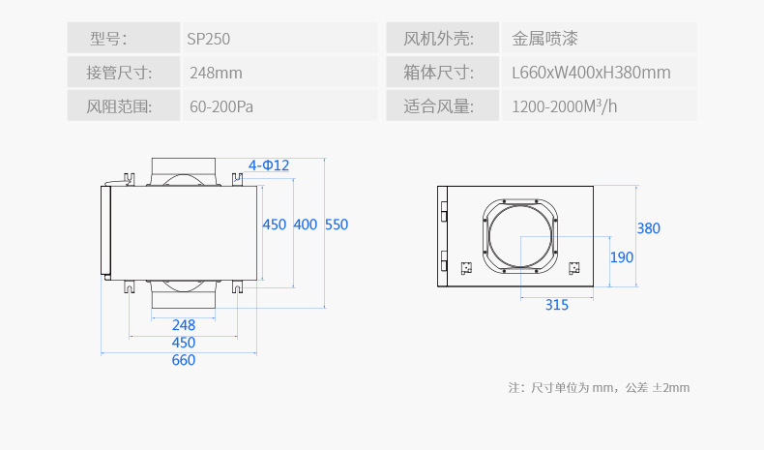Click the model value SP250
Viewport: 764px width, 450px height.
point(209,40)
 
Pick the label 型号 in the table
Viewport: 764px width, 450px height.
point(108,40)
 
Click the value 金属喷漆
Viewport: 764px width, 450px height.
point(544,40)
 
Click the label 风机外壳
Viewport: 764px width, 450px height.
point(438,40)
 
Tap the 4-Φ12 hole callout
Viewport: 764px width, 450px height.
point(269,165)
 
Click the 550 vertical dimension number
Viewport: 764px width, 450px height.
point(337,225)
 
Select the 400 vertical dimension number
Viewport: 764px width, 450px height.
point(306,225)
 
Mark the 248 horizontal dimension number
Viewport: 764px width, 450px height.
point(184,325)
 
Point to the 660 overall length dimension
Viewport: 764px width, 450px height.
point(184,360)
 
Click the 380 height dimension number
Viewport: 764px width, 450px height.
point(649,229)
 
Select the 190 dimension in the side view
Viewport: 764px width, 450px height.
point(622,257)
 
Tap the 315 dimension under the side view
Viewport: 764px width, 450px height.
point(556,305)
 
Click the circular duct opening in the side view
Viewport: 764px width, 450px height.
point(521,236)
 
